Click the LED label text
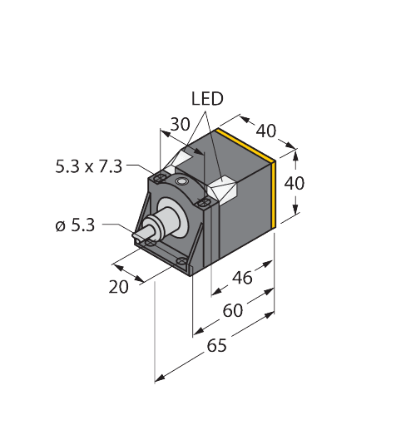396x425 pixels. tap(207, 99)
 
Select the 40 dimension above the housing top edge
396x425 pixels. tap(265, 130)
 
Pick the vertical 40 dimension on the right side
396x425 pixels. tap(295, 183)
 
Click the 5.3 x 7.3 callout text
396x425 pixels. tap(88, 166)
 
